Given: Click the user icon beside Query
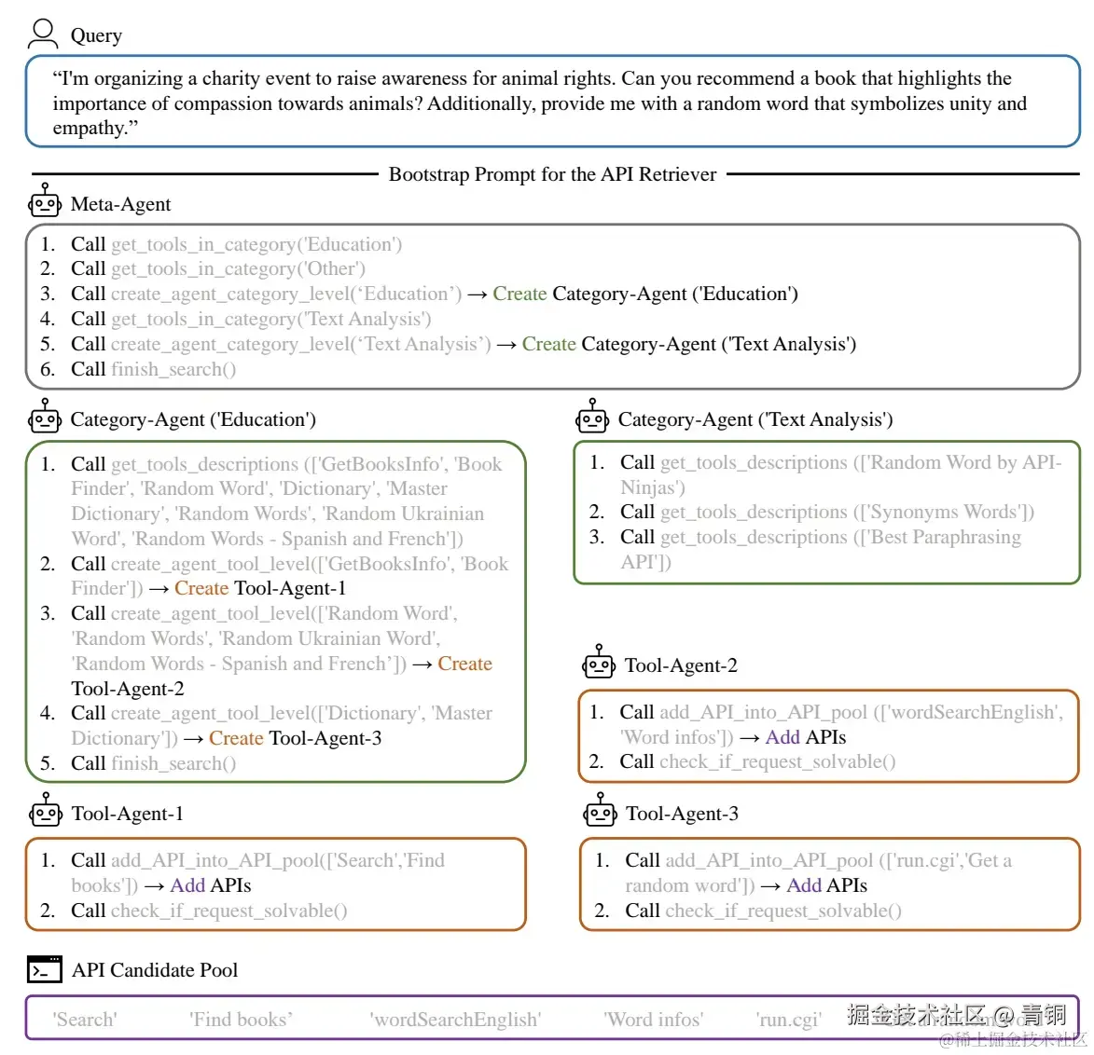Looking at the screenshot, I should tap(43, 34).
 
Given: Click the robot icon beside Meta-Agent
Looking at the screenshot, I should tap(44, 201).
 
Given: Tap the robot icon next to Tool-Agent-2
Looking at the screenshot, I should tap(599, 663).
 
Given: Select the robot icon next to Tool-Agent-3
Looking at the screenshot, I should tap(600, 811).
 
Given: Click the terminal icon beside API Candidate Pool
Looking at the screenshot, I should tap(44, 969).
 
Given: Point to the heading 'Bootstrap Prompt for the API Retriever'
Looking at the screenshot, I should tap(552, 174).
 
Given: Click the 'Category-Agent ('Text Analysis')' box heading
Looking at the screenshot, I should tap(755, 419).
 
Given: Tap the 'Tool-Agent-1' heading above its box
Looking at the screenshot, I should tap(127, 814).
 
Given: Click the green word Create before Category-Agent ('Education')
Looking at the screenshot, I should tap(519, 294).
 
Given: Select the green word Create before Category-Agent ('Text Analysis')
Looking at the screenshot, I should tap(548, 344).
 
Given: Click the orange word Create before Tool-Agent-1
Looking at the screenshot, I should tap(201, 588).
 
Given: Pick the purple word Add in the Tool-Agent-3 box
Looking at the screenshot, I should tap(803, 885).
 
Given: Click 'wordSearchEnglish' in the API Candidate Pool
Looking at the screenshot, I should tap(455, 1020).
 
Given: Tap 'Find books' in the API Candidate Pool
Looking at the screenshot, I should tap(241, 1020).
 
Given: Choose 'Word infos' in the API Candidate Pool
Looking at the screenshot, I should tap(653, 1020).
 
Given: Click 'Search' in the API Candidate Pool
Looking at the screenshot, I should tap(85, 1020).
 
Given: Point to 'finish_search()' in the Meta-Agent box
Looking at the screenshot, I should tap(173, 369).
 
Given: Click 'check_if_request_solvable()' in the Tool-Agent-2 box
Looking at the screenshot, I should tap(777, 761).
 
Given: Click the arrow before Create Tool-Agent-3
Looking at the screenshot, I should tap(193, 738).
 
